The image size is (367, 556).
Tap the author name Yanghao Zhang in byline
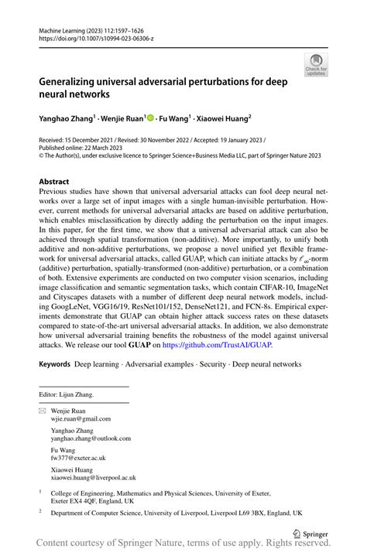[70, 120]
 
